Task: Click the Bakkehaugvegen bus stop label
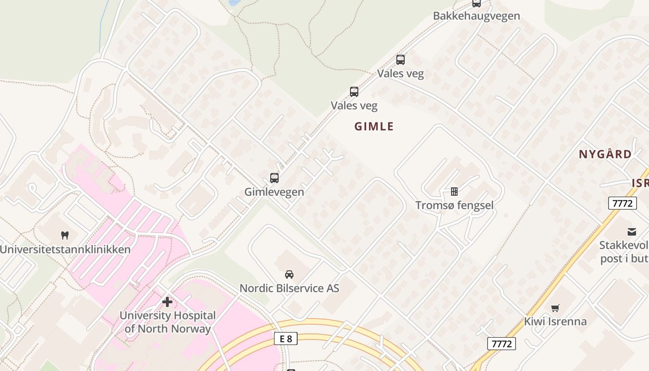476,16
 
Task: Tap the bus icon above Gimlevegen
274,178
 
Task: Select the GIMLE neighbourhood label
374,127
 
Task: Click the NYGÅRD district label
605,154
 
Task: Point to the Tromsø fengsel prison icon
454,192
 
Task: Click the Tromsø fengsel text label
454,205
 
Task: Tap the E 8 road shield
286,339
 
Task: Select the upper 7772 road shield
623,203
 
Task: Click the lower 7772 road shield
501,344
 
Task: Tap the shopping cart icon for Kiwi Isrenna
555,308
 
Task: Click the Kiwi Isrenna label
555,321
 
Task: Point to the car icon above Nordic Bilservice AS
289,275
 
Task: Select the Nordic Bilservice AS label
289,288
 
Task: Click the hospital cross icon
167,302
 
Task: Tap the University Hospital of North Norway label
167,322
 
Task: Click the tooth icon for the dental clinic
65,236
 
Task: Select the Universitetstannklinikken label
65,249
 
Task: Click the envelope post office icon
632,232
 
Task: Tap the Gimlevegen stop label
274,192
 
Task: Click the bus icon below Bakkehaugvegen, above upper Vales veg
401,60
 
